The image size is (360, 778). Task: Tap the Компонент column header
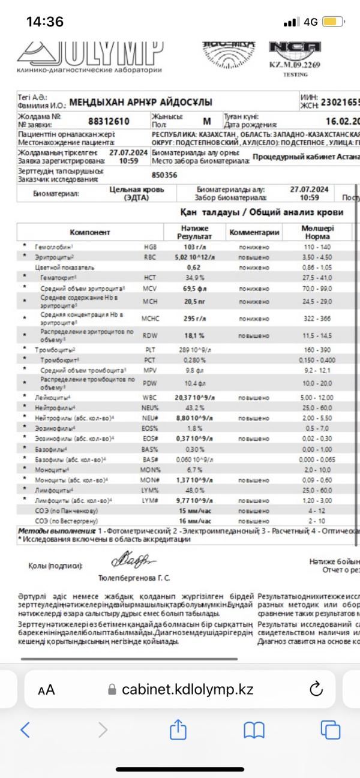90,232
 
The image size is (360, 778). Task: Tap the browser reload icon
316,689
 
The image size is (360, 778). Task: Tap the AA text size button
46,690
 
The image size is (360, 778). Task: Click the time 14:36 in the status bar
45,22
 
